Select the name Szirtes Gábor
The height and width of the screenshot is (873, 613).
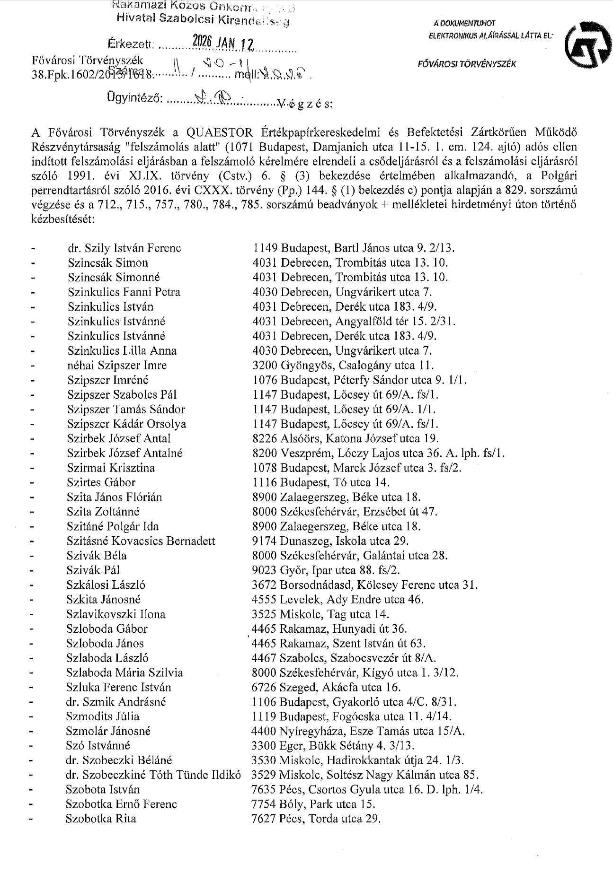pos(101,482)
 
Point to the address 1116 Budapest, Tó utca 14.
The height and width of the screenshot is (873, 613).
pos(321,482)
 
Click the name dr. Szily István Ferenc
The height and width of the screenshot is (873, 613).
pos(124,248)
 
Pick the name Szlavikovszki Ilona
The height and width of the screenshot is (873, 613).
pos(116,614)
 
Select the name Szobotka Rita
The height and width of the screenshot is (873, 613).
pos(101,819)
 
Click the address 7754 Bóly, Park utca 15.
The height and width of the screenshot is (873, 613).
pos(313,804)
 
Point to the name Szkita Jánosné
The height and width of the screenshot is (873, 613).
pos(104,600)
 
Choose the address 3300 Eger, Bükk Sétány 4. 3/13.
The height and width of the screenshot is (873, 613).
pos(333,746)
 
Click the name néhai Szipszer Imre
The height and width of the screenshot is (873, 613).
pos(117,365)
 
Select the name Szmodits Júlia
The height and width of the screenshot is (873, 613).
pos(103,716)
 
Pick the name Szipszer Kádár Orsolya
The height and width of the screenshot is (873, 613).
pos(126,424)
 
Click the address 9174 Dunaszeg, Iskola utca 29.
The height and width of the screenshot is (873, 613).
pos(330,541)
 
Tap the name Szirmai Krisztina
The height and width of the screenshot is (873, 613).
pos(111,468)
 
